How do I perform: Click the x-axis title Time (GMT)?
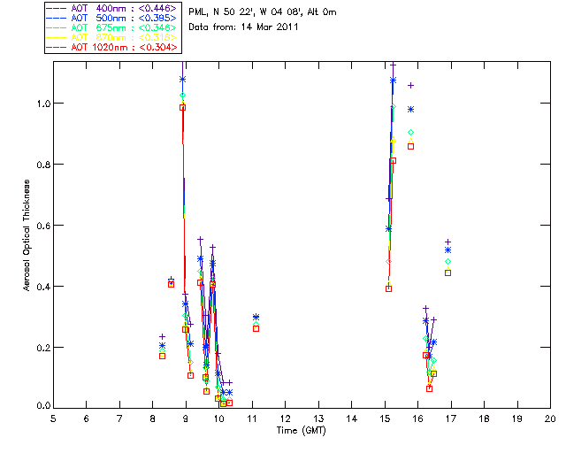click(301, 429)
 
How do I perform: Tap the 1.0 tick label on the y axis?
click(41, 104)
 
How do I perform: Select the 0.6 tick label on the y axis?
click(41, 226)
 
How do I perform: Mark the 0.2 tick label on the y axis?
click(41, 347)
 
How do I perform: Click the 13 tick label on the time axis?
click(318, 418)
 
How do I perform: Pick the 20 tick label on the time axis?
click(550, 418)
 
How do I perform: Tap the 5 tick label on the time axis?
click(54, 418)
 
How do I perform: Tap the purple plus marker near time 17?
click(448, 242)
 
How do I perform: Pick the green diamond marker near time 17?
click(447, 261)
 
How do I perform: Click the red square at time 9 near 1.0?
click(182, 107)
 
